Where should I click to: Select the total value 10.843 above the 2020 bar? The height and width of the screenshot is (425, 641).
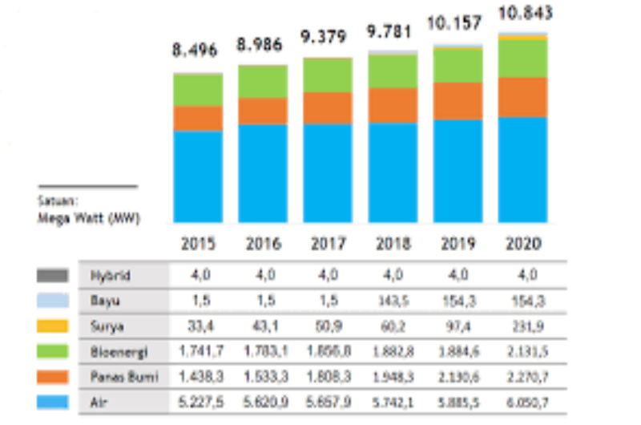pyautogui.click(x=524, y=14)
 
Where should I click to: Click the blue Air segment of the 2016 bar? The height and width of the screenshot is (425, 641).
pyautogui.click(x=263, y=172)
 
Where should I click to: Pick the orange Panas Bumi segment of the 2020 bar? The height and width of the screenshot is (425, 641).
pyautogui.click(x=523, y=97)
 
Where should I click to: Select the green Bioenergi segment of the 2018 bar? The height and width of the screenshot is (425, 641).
pyautogui.click(x=393, y=71)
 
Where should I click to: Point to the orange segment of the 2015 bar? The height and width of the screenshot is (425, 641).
pyautogui.click(x=198, y=118)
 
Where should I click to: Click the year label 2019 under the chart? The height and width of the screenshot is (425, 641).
pyautogui.click(x=458, y=243)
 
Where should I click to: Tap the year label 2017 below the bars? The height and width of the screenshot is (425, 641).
pyautogui.click(x=328, y=243)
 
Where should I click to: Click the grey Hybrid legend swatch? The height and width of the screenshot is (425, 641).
pyautogui.click(x=52, y=275)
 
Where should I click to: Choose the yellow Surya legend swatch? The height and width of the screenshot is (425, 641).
pyautogui.click(x=52, y=326)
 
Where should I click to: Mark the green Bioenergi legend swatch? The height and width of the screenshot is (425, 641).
pyautogui.click(x=52, y=351)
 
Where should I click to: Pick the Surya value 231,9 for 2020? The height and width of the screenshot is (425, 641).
pyautogui.click(x=523, y=326)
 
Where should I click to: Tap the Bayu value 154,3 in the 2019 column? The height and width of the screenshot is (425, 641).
pyautogui.click(x=458, y=301)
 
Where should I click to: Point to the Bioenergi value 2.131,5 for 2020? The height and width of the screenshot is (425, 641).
pyautogui.click(x=523, y=351)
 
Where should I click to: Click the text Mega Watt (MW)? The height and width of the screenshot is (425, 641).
pyautogui.click(x=88, y=217)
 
